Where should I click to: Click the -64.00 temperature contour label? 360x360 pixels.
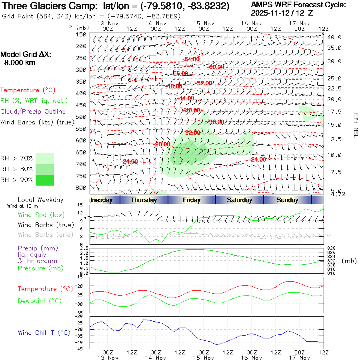point(192,59)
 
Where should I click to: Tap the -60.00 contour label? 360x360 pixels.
point(216,67)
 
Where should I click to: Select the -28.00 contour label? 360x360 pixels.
point(163,144)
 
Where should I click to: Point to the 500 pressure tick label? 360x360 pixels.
point(81,117)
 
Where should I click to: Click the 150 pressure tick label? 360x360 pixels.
point(81,34)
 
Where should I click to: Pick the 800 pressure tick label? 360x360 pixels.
point(81,188)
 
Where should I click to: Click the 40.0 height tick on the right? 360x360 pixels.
point(334,37)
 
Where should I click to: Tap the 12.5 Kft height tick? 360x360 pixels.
point(334,139)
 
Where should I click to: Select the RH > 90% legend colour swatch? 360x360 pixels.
point(45,180)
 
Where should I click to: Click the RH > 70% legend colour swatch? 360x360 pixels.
point(45,158)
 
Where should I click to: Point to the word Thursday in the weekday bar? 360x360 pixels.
point(144,200)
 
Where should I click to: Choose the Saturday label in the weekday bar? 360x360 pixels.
point(240,200)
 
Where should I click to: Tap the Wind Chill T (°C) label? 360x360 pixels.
point(44,332)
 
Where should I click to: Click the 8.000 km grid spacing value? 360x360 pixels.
point(20,63)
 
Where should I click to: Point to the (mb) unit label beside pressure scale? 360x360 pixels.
point(349,261)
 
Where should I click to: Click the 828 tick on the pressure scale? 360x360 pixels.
point(330,248)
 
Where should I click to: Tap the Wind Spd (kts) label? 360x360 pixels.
point(41,215)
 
